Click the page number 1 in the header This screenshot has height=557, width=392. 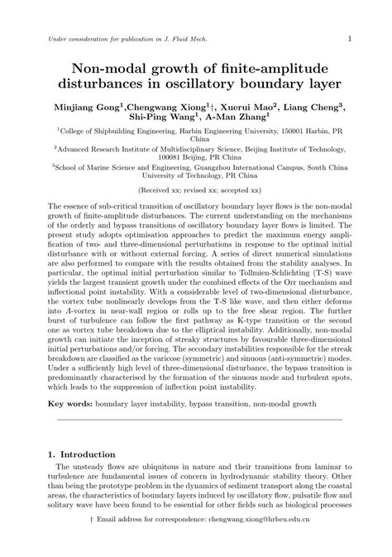tap(351, 38)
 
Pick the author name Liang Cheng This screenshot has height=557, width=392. tap(318, 107)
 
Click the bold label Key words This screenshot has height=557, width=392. tap(69, 406)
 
